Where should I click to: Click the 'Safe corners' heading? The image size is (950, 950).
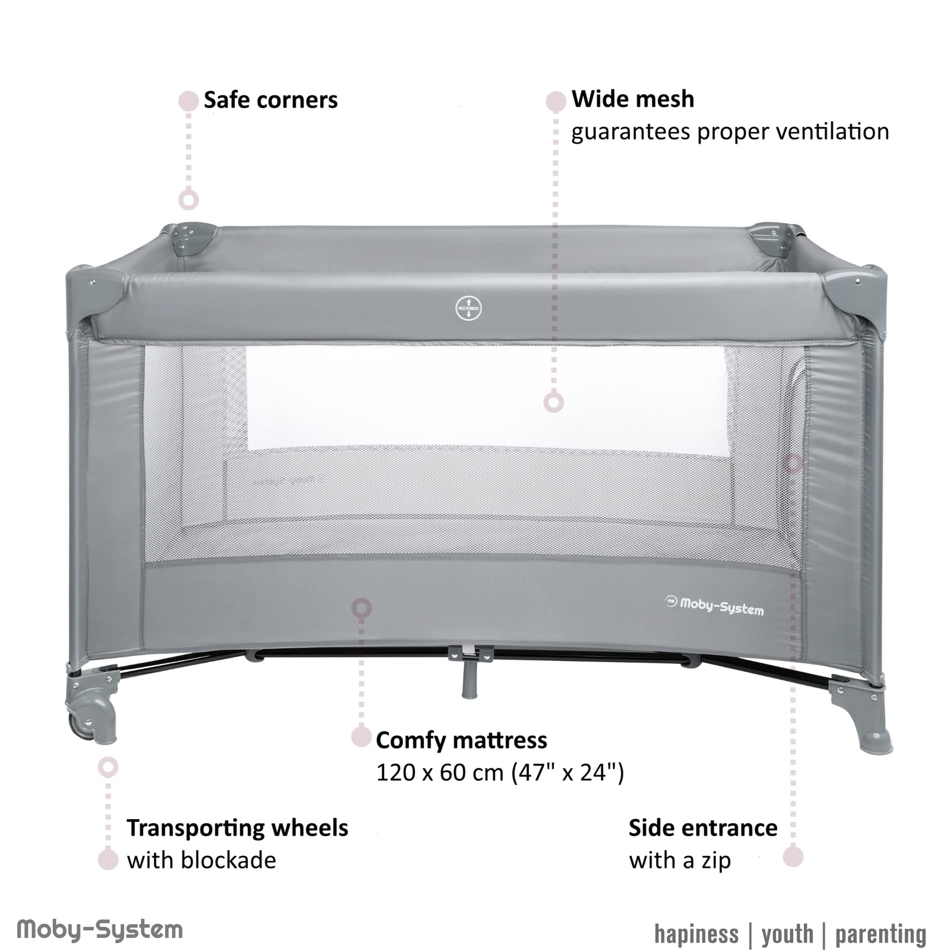tap(271, 100)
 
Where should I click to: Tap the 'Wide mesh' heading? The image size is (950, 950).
tap(633, 99)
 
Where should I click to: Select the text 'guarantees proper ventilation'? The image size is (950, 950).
tap(730, 132)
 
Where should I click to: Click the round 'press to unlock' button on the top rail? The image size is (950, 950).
tap(468, 309)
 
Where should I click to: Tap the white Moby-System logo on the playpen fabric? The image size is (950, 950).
tap(715, 605)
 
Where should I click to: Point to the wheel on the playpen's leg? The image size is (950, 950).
tap(83, 724)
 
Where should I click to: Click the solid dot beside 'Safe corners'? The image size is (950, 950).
tap(188, 100)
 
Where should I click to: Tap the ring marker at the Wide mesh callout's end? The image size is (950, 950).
tap(554, 402)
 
